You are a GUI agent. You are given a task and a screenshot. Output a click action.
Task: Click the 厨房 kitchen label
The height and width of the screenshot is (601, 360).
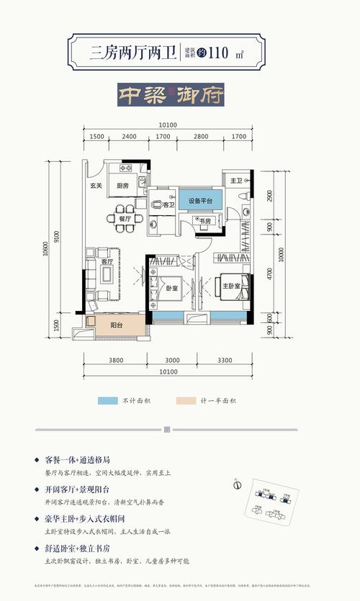click(x=120, y=186)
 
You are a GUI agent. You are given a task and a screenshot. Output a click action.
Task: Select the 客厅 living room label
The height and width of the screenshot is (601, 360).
click(x=106, y=262)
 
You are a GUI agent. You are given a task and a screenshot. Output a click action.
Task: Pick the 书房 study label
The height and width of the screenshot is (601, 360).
click(x=204, y=221)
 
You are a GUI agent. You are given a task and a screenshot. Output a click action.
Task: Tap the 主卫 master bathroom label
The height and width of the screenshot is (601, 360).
click(x=235, y=179)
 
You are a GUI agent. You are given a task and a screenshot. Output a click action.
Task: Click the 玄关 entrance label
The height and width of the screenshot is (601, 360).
click(x=95, y=186)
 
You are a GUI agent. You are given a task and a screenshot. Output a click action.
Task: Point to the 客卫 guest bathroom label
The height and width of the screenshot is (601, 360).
click(x=168, y=205)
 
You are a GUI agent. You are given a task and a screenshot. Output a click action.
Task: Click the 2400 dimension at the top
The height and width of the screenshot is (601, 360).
click(x=129, y=137)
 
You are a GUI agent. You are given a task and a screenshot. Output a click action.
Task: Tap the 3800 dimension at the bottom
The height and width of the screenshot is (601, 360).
click(x=118, y=360)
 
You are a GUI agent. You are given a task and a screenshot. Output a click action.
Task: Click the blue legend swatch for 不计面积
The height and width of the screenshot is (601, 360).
click(x=108, y=400)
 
